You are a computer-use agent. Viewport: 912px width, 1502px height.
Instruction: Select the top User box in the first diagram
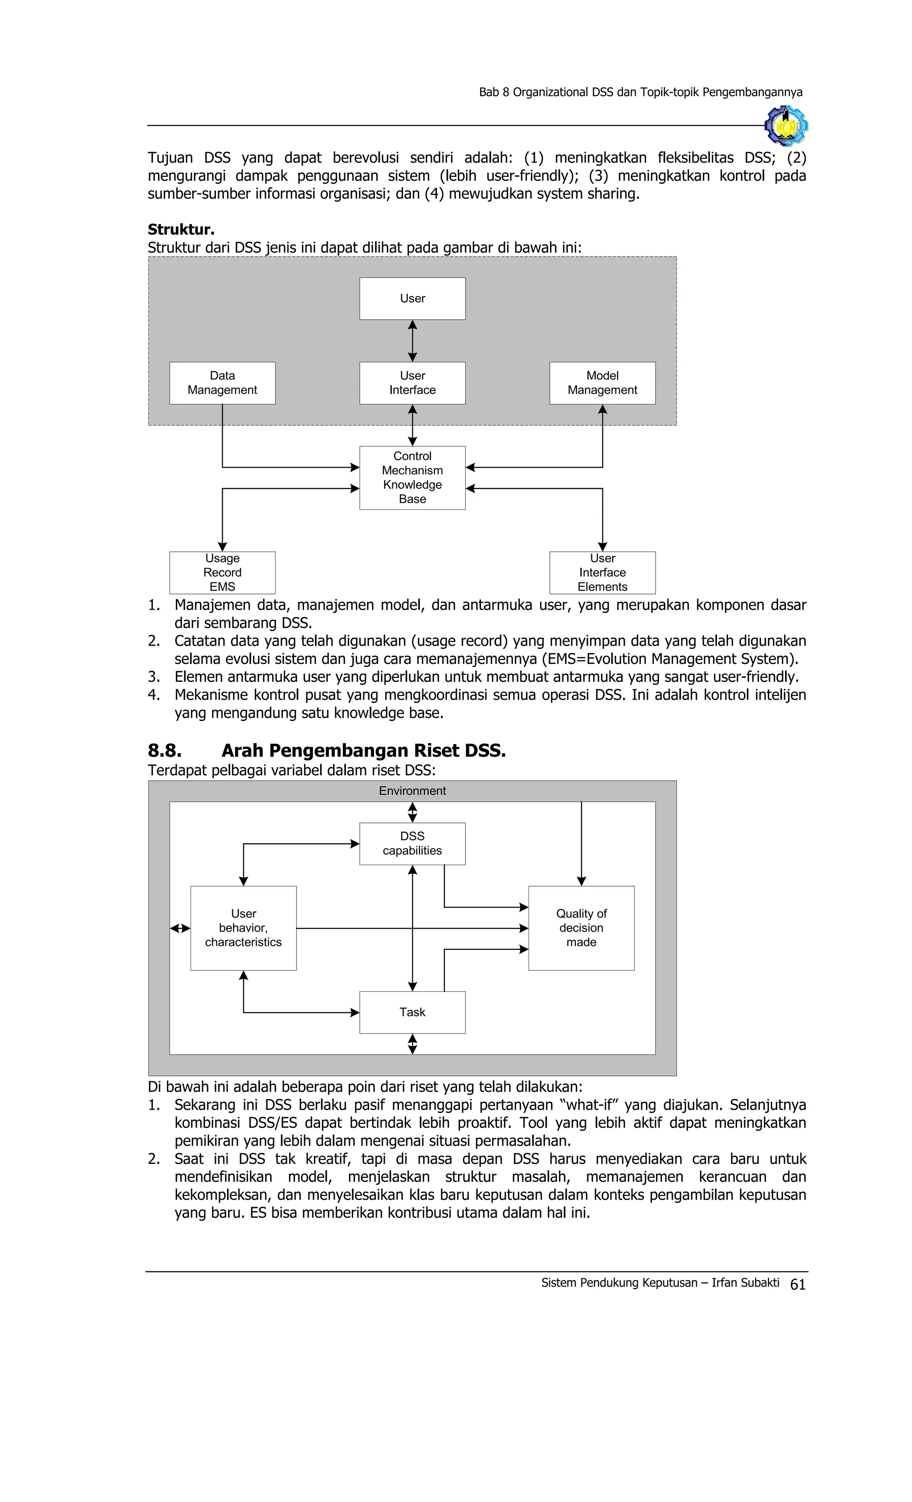pos(412,298)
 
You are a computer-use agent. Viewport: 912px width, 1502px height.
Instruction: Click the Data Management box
pos(222,383)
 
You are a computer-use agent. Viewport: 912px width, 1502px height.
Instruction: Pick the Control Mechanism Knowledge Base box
pos(412,477)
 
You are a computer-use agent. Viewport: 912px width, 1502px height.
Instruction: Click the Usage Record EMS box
pos(222,572)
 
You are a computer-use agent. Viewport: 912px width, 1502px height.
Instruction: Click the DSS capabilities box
pos(412,843)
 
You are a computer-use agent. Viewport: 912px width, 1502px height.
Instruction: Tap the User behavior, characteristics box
pos(243,928)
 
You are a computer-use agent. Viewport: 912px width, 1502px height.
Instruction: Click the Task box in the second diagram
pos(412,1012)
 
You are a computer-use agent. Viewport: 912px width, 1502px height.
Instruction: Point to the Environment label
pos(412,790)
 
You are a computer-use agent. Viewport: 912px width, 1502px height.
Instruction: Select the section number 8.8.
pos(165,750)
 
